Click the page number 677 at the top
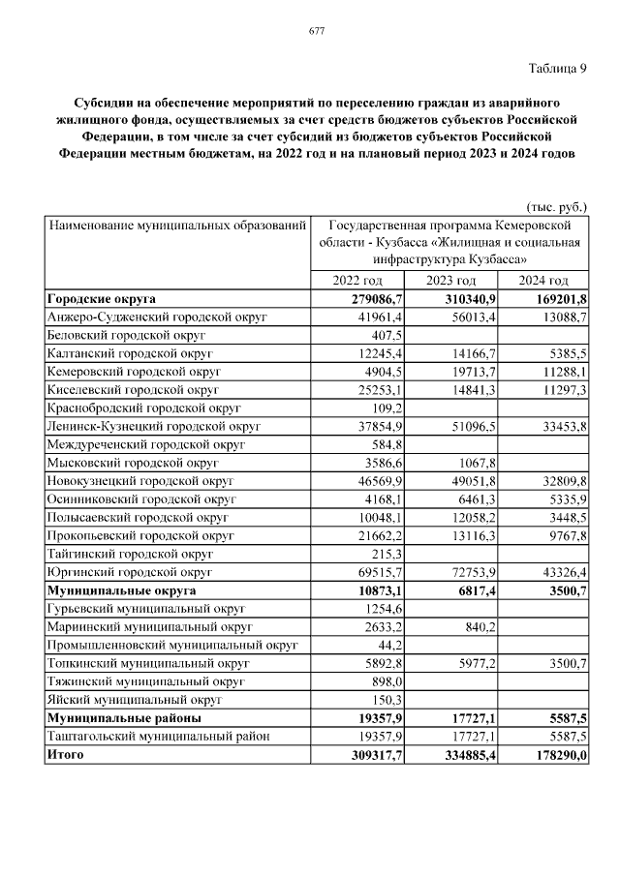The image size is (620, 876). coord(316,31)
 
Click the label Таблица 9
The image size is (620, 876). coord(558,68)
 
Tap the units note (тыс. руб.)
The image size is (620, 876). coord(556,206)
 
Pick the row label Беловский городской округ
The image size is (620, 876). coord(125,334)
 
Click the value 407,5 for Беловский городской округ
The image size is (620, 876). coord(387,334)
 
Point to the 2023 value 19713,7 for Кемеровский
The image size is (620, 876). coord(477,370)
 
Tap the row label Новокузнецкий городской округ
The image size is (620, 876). coord(141,480)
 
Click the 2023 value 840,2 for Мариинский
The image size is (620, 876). coord(480,626)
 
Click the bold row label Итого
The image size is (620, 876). coord(66,755)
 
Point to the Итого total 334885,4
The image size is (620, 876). coord(469,755)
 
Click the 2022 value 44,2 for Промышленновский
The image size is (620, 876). coord(389,645)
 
